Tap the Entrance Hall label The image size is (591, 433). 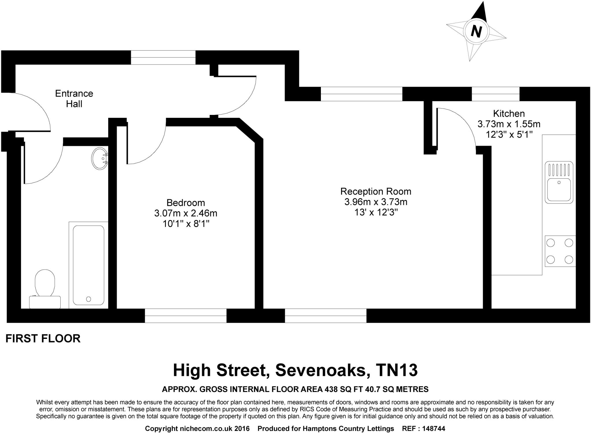coord(74,99)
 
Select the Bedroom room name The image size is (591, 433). coord(186,203)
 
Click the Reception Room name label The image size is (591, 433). coord(376,191)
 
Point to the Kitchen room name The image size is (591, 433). coord(509,113)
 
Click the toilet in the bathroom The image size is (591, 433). coord(45,289)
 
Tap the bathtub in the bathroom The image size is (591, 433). coord(89,265)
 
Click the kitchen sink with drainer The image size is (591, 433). coord(559,182)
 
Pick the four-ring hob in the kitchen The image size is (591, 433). coord(560,251)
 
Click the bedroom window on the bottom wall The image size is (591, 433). coord(186,316)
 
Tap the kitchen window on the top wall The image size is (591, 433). coord(495,94)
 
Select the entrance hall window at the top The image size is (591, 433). coord(163,57)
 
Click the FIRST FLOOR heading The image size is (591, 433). coord(43,338)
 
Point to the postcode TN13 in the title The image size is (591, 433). coord(397,370)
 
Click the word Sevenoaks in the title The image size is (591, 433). coord(321,370)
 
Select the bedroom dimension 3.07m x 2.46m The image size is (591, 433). coord(186,213)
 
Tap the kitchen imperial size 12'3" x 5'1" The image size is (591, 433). coord(509,135)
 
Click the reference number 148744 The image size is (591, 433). coord(433,429)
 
